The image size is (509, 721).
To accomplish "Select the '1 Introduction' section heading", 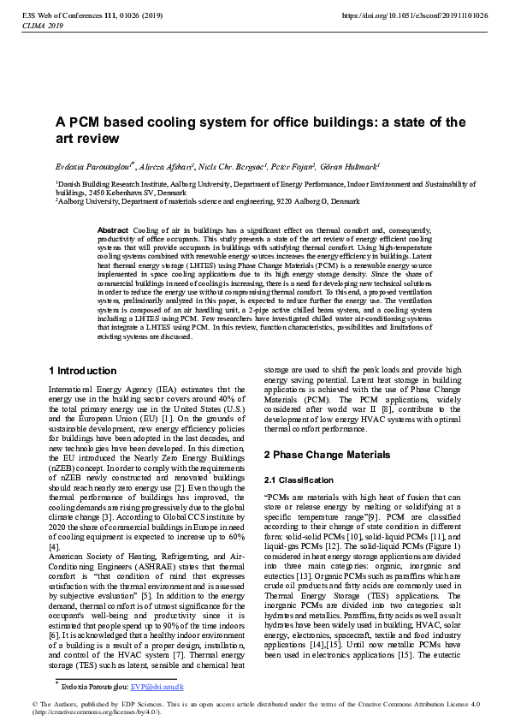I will (83, 371).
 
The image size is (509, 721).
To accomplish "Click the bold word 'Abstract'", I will (113, 231).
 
